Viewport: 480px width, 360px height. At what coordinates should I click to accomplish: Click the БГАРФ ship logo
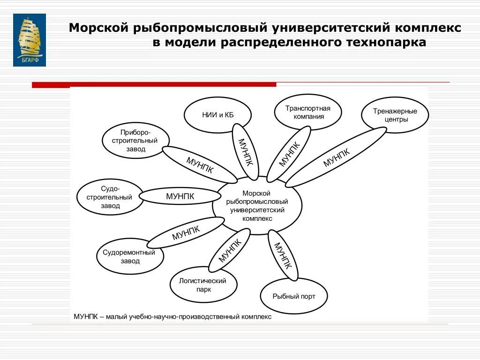point(29,40)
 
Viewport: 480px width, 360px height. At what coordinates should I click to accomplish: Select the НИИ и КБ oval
point(217,115)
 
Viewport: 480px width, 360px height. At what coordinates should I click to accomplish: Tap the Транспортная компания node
point(307,112)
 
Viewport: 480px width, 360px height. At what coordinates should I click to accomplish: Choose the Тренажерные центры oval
point(395,115)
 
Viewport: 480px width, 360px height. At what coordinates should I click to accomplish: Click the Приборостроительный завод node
point(135,141)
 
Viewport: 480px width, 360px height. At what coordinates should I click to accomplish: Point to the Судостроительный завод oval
point(110,197)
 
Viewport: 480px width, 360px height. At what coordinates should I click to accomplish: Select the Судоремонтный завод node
point(130,256)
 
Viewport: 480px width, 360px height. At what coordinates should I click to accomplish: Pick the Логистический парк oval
point(203,285)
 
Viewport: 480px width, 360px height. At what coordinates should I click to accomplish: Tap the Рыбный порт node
point(294,296)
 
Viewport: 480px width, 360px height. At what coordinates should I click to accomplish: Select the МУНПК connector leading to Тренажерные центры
point(336,157)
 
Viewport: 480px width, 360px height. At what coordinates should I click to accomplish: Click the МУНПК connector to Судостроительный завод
point(180,196)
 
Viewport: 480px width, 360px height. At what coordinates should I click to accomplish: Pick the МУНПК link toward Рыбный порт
point(283,255)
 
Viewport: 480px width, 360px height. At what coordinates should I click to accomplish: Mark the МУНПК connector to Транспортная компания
point(288,153)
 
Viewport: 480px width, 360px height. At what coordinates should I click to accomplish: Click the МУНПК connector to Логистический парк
point(230,250)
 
